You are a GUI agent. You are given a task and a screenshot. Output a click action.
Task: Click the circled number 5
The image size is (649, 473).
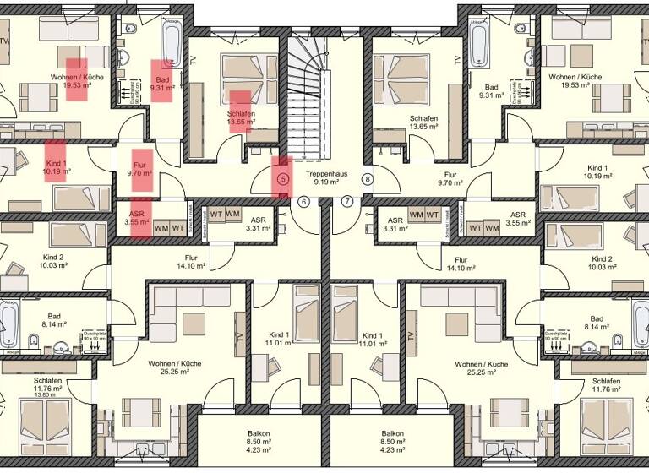tap(283, 179)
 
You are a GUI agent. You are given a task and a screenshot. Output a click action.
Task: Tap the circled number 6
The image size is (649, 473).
tap(304, 202)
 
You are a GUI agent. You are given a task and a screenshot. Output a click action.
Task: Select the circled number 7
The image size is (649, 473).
tap(346, 202)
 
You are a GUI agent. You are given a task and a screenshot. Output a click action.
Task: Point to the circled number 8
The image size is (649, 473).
tap(368, 179)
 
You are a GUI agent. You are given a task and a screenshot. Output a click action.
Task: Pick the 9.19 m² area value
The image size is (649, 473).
tap(325, 182)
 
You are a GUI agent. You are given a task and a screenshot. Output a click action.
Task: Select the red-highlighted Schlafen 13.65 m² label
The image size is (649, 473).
tap(240, 117)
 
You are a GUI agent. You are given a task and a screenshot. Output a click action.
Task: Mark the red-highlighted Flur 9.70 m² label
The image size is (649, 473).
tap(139, 168)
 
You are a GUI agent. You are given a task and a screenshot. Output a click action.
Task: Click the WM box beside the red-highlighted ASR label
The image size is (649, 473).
tap(161, 228)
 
